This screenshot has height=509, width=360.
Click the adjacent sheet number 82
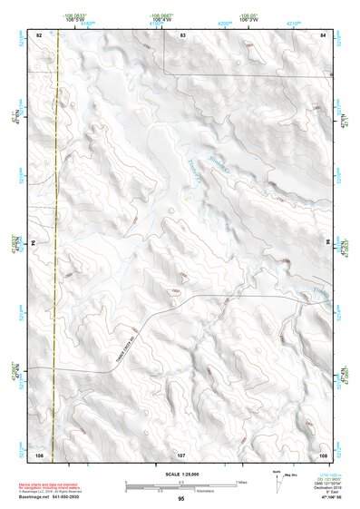point(39,34)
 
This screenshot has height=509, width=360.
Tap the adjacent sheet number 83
point(182,34)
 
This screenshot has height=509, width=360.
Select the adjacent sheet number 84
point(323,34)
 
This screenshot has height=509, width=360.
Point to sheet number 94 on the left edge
point(34,243)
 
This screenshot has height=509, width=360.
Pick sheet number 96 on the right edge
point(328,243)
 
